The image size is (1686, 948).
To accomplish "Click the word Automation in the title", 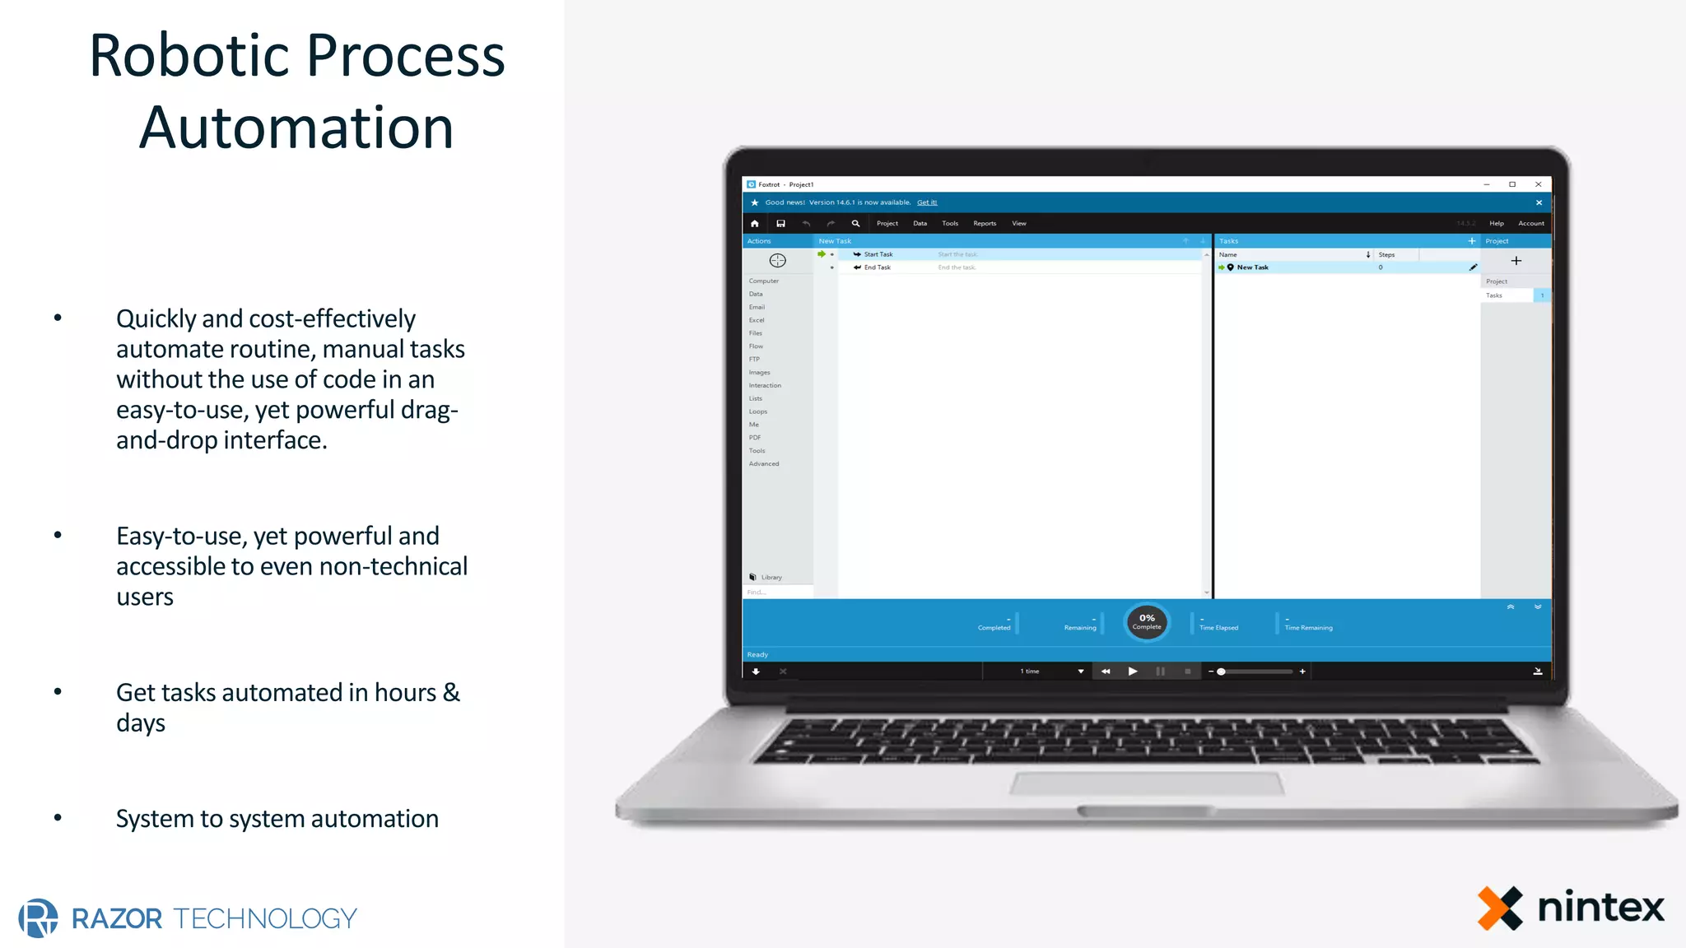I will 296,128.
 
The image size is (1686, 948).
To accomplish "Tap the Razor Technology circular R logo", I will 39,918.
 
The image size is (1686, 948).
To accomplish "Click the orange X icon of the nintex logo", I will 1500,908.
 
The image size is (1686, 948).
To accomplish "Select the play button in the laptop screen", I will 1133,671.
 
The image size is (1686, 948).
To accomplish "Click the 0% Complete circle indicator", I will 1147,622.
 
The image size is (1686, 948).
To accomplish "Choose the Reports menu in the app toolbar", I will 985,224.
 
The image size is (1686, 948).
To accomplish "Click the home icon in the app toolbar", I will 755,224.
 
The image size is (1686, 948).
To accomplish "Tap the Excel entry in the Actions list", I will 757,320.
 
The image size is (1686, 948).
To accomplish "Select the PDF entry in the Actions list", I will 755,438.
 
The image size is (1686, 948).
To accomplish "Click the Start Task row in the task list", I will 878,254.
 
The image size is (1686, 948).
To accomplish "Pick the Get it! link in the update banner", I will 927,202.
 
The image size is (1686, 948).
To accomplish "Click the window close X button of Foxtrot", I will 1538,184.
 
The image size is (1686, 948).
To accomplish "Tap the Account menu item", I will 1531,224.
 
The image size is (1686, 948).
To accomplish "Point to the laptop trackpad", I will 1147,784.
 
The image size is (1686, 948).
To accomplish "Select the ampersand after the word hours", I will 451,693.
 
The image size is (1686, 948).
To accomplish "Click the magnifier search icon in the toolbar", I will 855,224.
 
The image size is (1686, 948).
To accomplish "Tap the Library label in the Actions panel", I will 771,578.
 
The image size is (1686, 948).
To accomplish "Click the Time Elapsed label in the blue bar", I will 1218,628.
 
